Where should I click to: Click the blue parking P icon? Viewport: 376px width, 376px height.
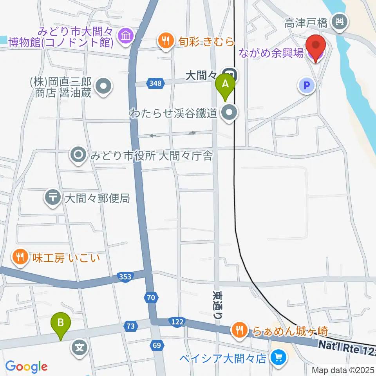point(307,85)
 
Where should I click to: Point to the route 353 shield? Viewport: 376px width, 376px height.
point(125,277)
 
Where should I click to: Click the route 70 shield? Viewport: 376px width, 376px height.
point(151,298)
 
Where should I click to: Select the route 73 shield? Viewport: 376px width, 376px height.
point(130,326)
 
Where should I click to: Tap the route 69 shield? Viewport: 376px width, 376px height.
point(157,345)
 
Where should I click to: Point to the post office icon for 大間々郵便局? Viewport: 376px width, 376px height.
point(52,198)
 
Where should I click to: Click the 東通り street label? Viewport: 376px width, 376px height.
point(217,306)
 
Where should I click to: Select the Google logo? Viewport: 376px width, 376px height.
point(26,366)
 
